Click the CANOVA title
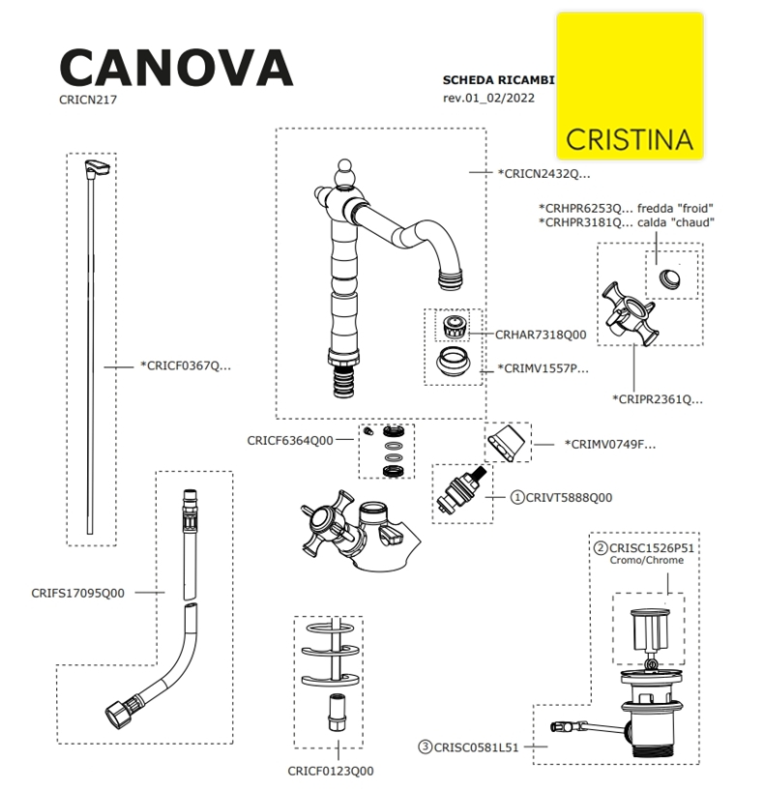pyautogui.click(x=175, y=68)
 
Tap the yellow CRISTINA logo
pyautogui.click(x=630, y=86)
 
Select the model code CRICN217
pyautogui.click(x=88, y=99)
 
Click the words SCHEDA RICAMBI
pyautogui.click(x=497, y=80)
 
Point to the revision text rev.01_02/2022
pyautogui.click(x=488, y=98)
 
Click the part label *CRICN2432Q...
pyautogui.click(x=543, y=174)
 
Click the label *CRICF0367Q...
pyautogui.click(x=186, y=366)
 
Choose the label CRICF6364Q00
pyautogui.click(x=290, y=440)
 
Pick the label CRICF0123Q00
pyautogui.click(x=331, y=771)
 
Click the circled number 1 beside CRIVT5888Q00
pyautogui.click(x=516, y=497)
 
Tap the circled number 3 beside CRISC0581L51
pyautogui.click(x=426, y=747)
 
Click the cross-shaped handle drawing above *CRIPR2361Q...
pyautogui.click(x=630, y=314)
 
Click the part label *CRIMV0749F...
pyautogui.click(x=608, y=445)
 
